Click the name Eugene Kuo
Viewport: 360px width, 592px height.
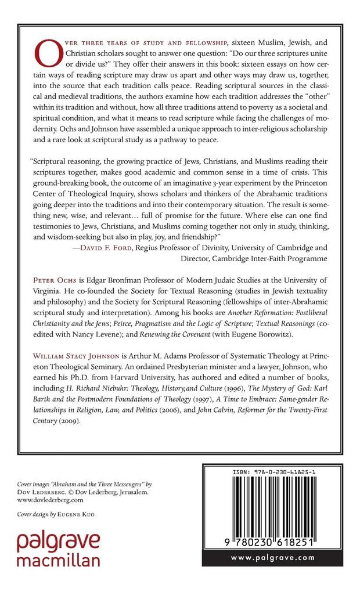(77, 514)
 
